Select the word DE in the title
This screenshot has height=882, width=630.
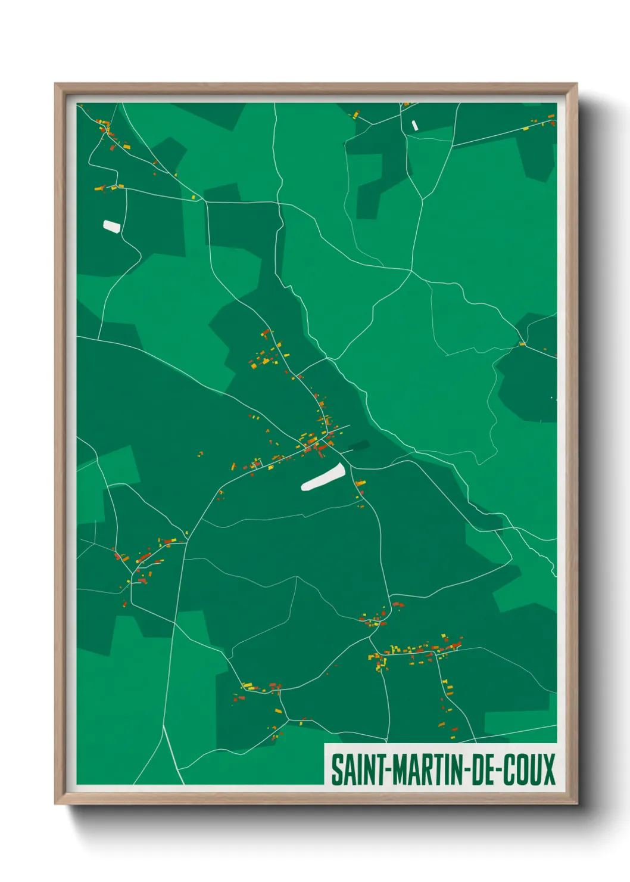(x=485, y=770)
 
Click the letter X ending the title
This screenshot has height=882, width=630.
(x=548, y=770)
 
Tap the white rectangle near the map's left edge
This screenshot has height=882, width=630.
(x=112, y=226)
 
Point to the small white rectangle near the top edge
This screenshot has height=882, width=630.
(x=415, y=125)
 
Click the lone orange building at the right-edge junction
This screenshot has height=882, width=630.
(x=522, y=344)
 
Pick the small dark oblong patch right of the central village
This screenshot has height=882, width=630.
(x=359, y=446)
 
